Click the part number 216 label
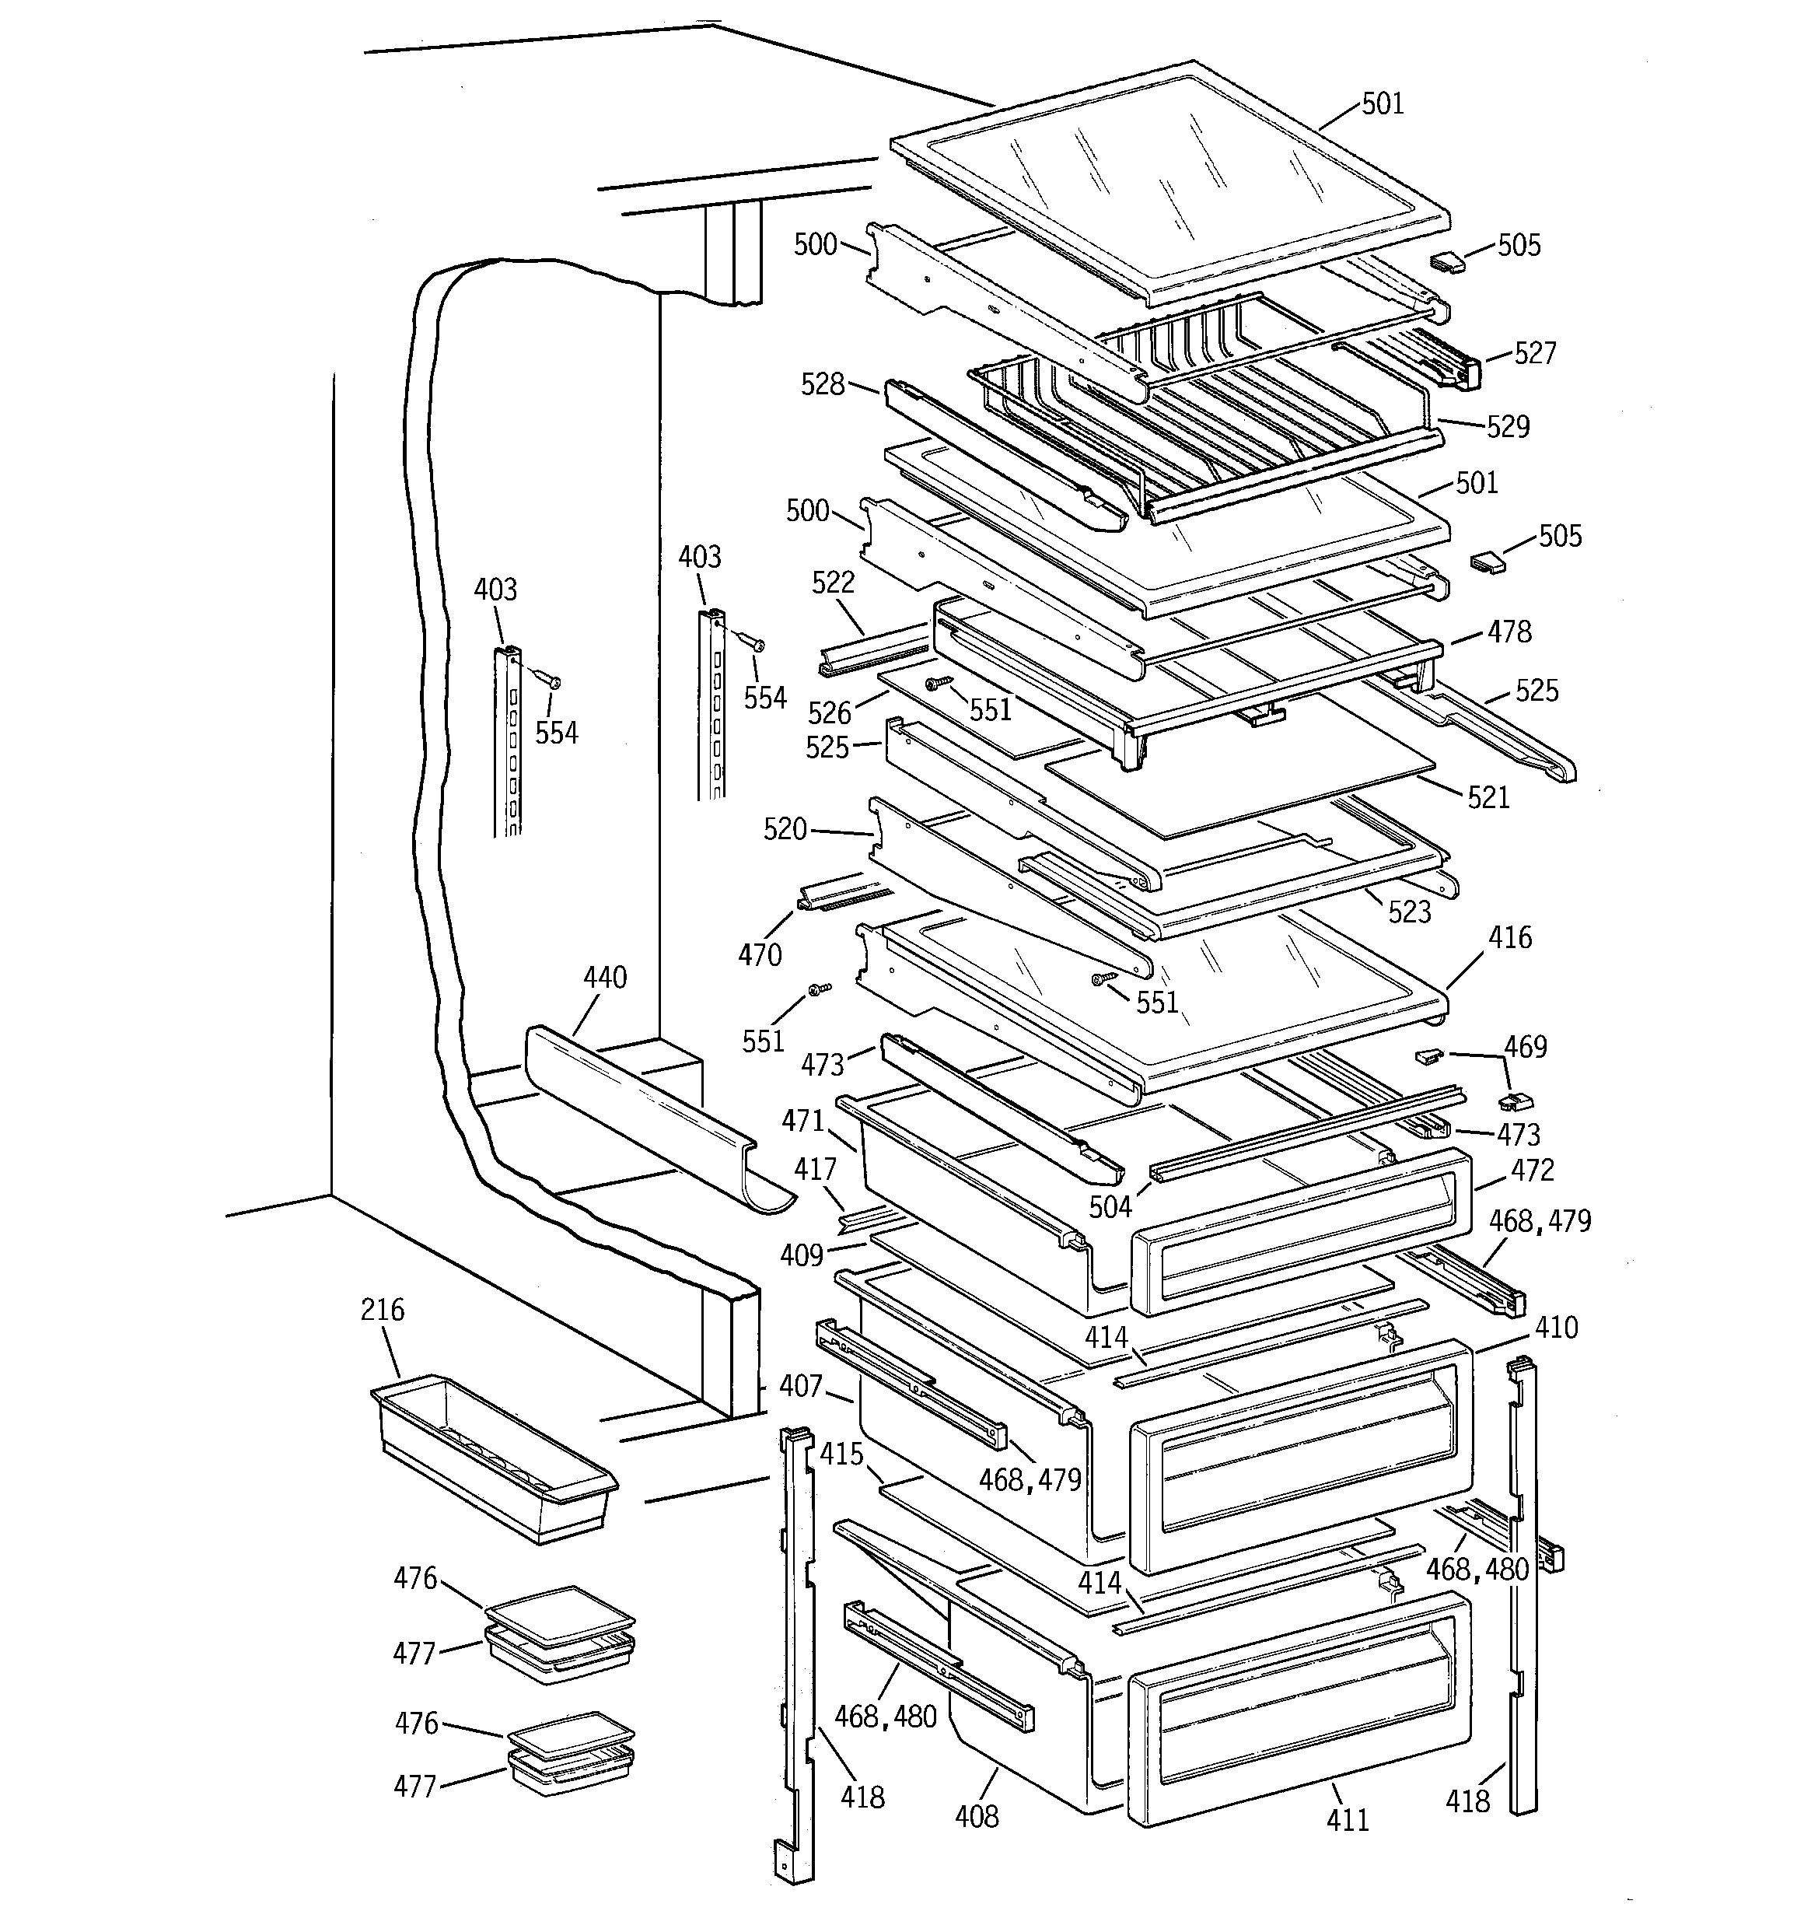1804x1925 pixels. pyautogui.click(x=382, y=1310)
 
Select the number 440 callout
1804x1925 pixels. pyautogui.click(x=604, y=977)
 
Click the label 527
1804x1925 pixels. pyautogui.click(x=1535, y=353)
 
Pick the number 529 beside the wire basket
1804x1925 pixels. pyautogui.click(x=1508, y=427)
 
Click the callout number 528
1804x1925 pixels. pyautogui.click(x=822, y=384)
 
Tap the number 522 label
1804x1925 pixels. pyautogui.click(x=833, y=582)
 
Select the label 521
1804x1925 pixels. pyautogui.click(x=1488, y=798)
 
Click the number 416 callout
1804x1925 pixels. pyautogui.click(x=1509, y=937)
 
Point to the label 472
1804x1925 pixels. pyautogui.click(x=1532, y=1171)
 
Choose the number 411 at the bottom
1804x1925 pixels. pyautogui.click(x=1347, y=1821)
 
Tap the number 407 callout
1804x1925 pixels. pyautogui.click(x=800, y=1387)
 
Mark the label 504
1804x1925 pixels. pyautogui.click(x=1110, y=1206)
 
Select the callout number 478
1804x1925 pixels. pyautogui.click(x=1509, y=632)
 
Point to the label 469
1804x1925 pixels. pyautogui.click(x=1525, y=1047)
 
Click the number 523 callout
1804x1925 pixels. pyautogui.click(x=1409, y=912)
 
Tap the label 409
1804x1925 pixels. pyautogui.click(x=801, y=1256)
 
